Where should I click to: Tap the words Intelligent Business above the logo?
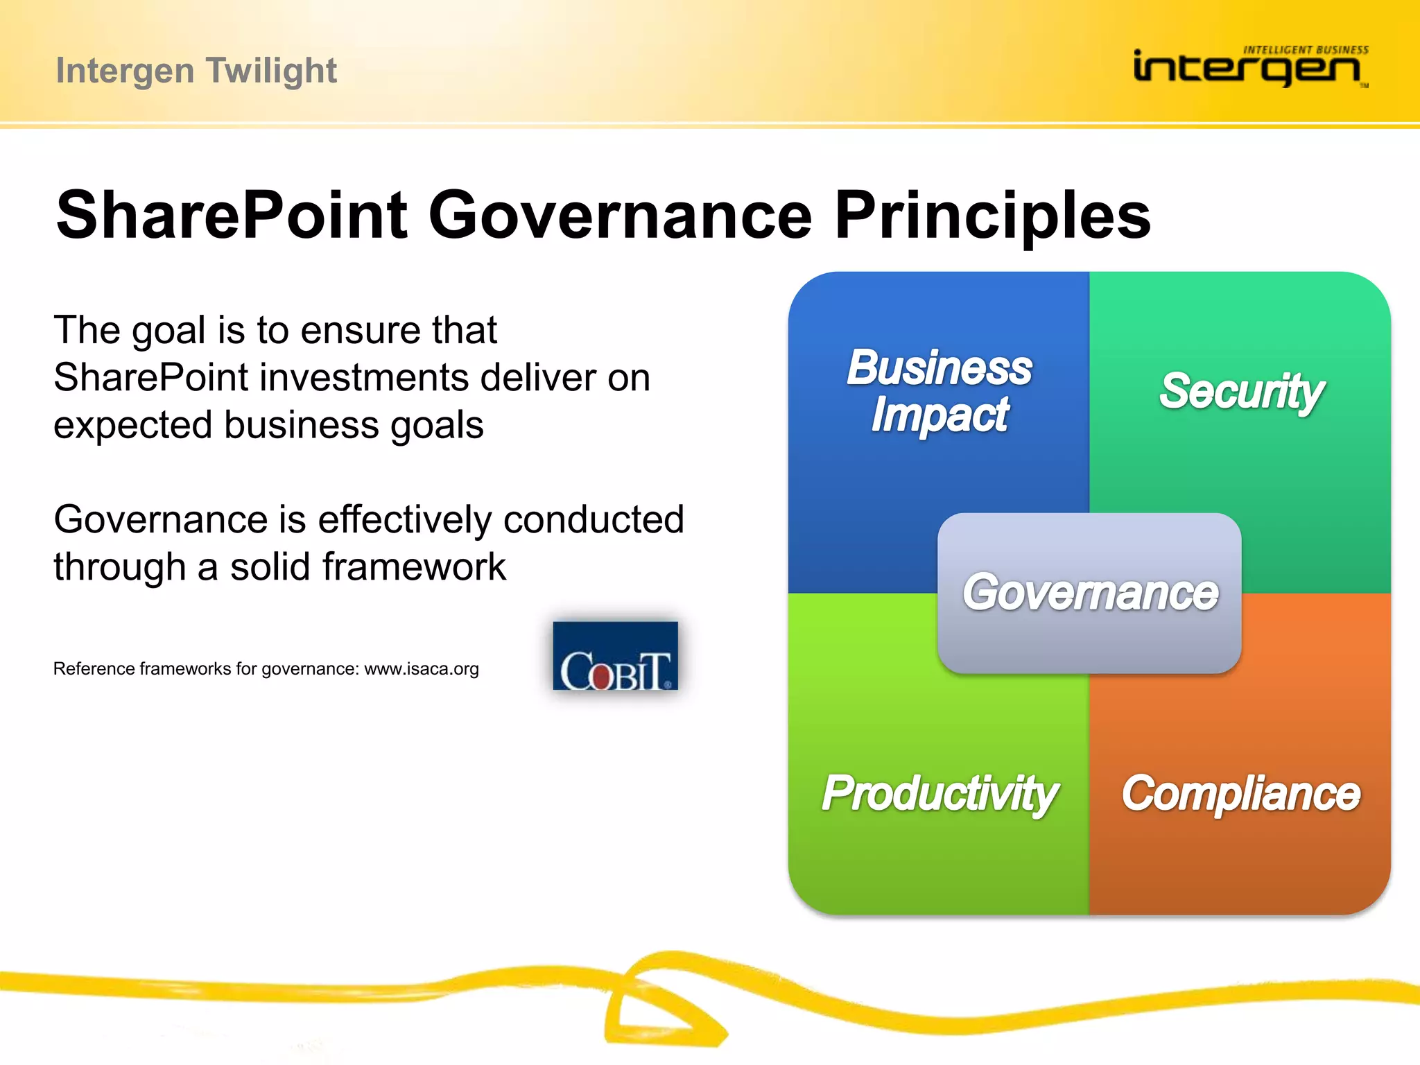1306,50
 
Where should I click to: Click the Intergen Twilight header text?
196,71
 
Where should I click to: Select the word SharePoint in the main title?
232,216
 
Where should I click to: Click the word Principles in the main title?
992,216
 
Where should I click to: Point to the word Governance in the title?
620,216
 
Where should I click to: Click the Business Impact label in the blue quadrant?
940,391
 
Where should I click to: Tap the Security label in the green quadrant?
1241,391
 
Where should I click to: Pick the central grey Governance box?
1089,593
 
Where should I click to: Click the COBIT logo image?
615,656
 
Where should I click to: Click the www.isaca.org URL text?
422,669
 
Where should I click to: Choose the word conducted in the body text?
594,519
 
